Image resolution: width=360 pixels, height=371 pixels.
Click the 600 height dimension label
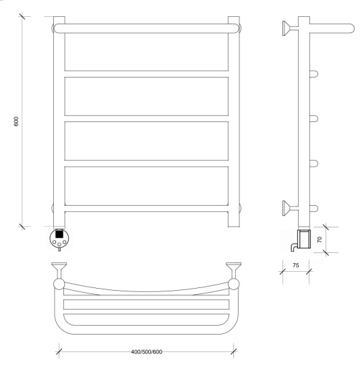(16, 121)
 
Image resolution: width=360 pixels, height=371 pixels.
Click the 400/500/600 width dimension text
(147, 352)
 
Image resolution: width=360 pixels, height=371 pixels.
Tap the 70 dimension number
(320, 239)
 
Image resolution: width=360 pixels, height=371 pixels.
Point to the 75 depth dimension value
(296, 265)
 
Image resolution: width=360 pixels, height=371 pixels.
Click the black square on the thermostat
(59, 234)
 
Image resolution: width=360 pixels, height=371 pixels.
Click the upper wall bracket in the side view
(290, 28)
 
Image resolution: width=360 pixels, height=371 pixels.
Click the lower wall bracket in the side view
(290, 208)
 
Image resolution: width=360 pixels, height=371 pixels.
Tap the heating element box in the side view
(304, 239)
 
